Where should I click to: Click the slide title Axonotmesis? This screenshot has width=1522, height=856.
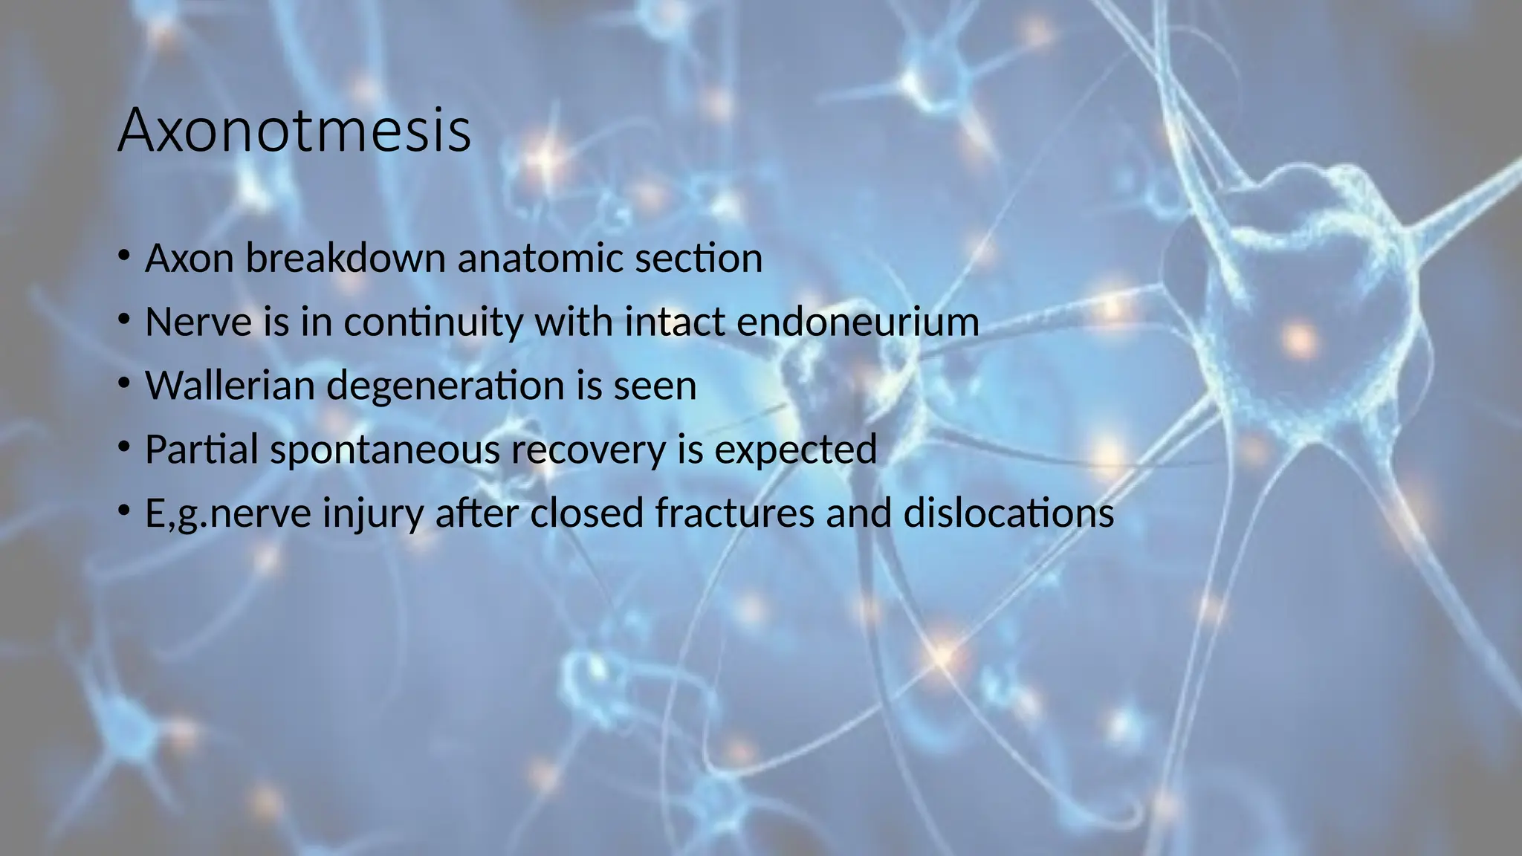pos(294,131)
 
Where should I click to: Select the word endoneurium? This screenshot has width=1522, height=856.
pos(858,322)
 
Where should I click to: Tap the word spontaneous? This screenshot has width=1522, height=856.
pos(385,450)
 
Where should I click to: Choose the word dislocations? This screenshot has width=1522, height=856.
pos(1008,513)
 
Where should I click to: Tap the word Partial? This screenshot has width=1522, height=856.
pos(201,450)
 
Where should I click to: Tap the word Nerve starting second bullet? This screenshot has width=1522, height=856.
pos(197,322)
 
